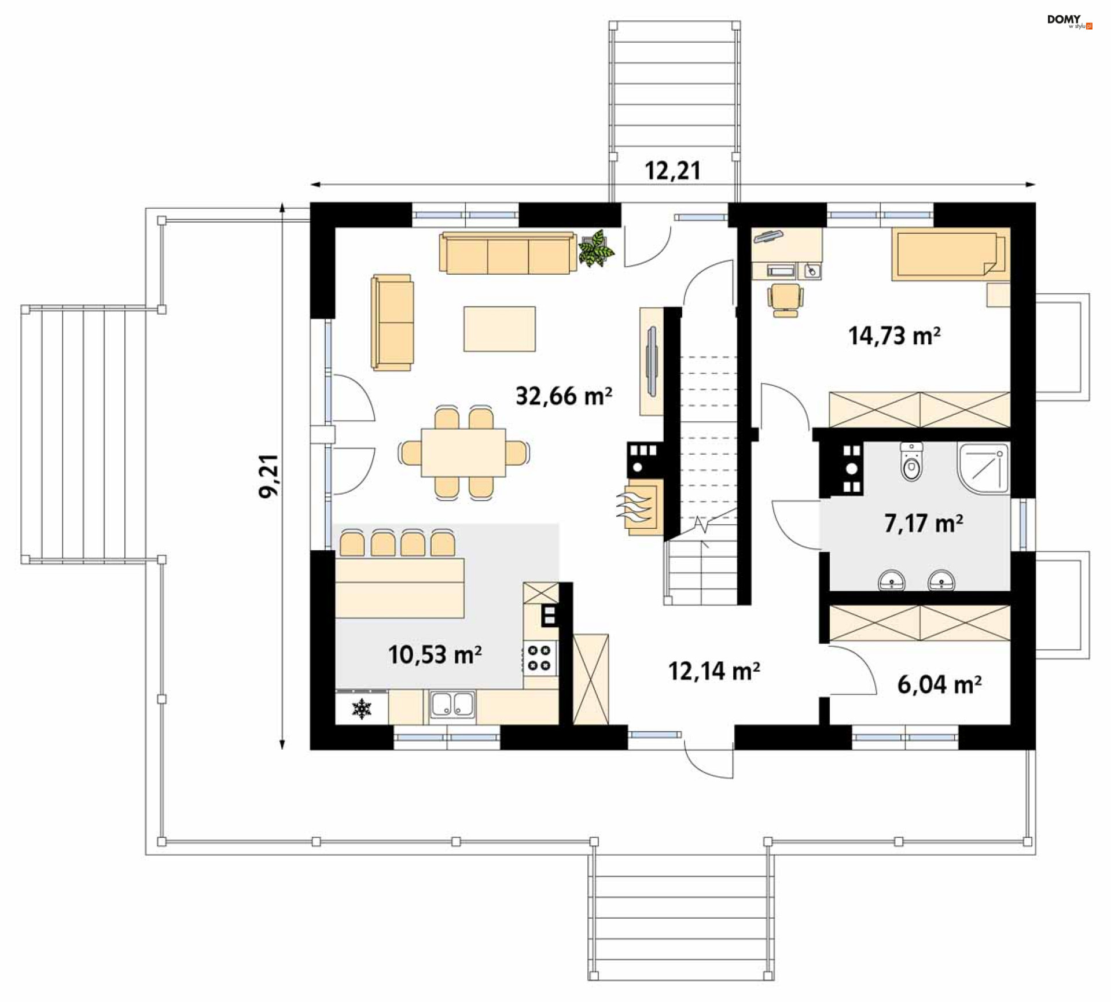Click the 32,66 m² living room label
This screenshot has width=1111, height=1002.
point(564,396)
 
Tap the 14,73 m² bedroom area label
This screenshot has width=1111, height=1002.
point(894,336)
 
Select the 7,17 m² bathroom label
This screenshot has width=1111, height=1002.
point(924,523)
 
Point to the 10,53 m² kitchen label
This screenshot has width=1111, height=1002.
point(435,655)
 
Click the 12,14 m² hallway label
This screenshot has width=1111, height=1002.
point(714,671)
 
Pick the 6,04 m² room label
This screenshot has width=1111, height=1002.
point(939,684)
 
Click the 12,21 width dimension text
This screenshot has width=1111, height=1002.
point(672,171)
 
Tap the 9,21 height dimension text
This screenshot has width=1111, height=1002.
point(268,476)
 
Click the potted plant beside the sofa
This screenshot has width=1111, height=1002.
point(596,249)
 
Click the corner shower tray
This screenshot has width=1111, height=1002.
point(983,469)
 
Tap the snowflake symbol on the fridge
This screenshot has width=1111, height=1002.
point(362,709)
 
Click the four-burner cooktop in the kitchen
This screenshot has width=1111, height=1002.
point(540,658)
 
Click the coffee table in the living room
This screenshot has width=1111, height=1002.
point(499,329)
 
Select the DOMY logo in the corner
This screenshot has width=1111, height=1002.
point(1069,21)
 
